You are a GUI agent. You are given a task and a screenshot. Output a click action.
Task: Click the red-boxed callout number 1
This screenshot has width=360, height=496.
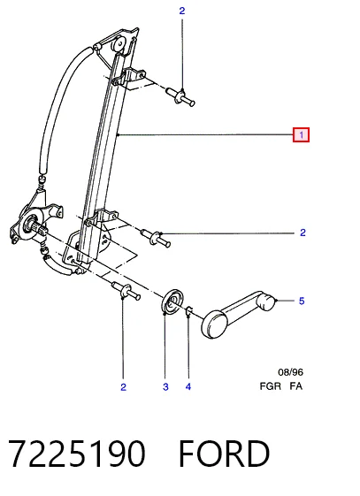coord(301,134)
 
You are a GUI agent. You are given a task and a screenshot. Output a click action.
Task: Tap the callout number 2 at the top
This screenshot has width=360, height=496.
coord(181,11)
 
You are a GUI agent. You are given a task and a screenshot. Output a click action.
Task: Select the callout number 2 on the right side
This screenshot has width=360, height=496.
coord(303,233)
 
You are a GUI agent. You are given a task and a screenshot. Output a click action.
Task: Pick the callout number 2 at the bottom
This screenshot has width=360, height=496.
coord(123,387)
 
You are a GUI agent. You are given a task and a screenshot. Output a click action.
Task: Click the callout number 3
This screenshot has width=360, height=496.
coord(165,387)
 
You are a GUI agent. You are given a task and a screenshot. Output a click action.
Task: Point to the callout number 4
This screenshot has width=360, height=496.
coord(188,386)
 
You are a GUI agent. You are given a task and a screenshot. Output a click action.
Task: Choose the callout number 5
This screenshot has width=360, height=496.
coord(302,301)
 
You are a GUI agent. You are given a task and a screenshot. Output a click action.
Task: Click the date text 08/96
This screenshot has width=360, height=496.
coord(290,372)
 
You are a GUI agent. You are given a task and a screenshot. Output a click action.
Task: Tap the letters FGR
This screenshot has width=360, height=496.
coord(270,386)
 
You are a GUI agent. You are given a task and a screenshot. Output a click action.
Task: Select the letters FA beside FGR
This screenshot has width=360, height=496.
coord(295,386)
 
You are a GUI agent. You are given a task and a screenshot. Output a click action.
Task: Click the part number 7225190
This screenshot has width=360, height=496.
coord(77,454)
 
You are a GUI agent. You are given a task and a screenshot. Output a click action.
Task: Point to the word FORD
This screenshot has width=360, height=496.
coord(224,454)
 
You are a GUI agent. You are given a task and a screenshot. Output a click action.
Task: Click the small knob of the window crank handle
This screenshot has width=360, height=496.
coord(266,301)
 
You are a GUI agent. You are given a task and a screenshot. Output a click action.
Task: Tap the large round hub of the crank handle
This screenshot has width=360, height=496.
coord(214,324)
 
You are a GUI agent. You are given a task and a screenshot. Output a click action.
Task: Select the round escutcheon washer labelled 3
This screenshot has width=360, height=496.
coord(172,301)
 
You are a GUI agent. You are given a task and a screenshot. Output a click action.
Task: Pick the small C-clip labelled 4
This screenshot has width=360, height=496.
coord(189,310)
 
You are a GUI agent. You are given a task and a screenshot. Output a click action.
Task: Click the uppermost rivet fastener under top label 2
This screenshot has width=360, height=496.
coord(180,96)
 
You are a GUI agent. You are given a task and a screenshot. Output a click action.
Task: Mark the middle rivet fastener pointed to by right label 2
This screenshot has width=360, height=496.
coord(156,238)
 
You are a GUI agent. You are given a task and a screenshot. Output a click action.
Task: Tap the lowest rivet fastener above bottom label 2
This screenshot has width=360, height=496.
coord(126,291)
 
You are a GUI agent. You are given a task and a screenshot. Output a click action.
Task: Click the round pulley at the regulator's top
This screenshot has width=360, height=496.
coord(119,44)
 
